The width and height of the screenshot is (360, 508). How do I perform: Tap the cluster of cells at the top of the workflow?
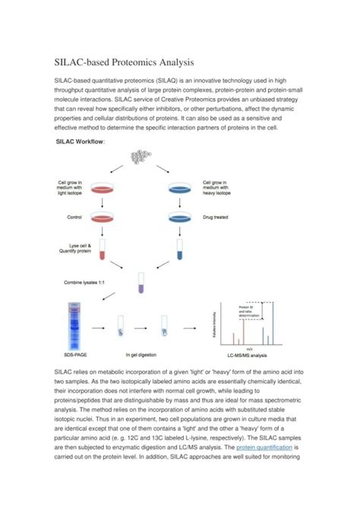pos(141,156)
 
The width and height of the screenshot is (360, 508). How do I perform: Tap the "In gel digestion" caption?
pos(141,354)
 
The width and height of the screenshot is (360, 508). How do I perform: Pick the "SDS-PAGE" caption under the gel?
pos(76,354)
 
